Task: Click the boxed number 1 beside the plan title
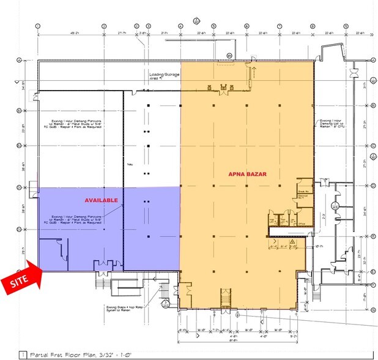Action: (x=23, y=354)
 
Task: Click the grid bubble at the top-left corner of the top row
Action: (x=38, y=26)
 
